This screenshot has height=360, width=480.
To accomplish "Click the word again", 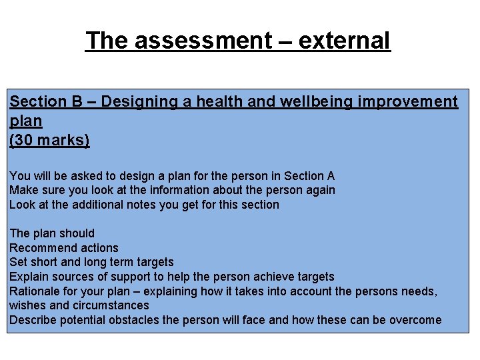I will pyautogui.click(x=320, y=191).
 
